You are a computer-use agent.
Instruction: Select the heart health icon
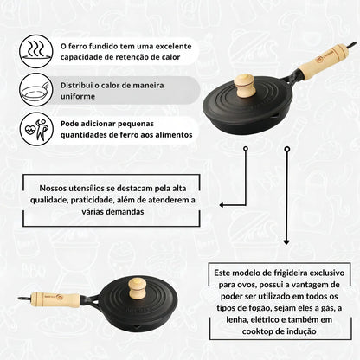35,129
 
